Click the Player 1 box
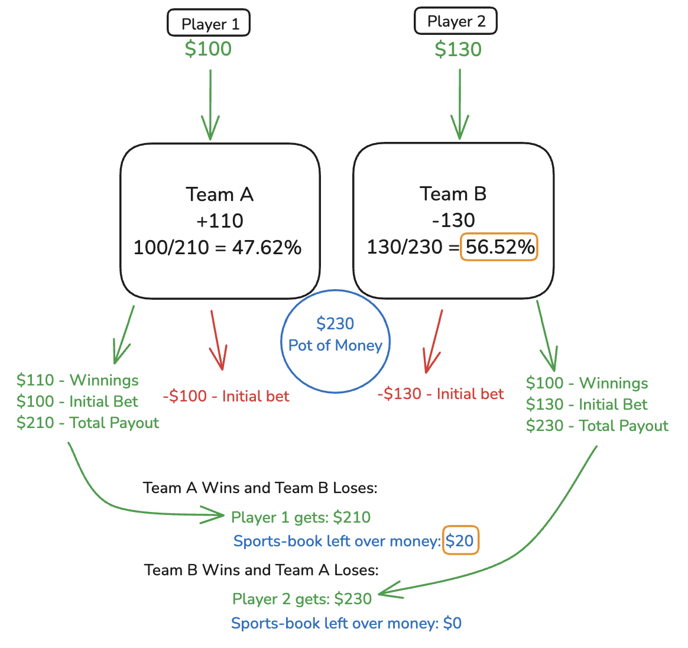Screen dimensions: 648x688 point(209,24)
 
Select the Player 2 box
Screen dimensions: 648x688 point(456,22)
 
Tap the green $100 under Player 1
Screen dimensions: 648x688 point(208,48)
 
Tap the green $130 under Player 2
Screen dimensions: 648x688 point(458,49)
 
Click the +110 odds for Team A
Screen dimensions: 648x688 point(220,221)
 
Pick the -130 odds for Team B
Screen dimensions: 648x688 point(453,220)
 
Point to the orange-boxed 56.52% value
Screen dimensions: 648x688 point(499,247)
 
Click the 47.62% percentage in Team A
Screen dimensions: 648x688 point(267,247)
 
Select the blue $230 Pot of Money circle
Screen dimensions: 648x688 point(335,341)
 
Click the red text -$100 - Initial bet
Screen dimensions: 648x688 point(226,396)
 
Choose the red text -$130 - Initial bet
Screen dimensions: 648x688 point(441,394)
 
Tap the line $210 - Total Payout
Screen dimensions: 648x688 point(88,423)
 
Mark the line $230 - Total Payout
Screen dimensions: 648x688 point(597,426)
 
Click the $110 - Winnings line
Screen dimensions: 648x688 point(77,380)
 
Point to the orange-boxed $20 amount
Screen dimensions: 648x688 point(460,540)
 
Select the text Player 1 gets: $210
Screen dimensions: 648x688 point(301,517)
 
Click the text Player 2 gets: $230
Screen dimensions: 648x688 point(302,599)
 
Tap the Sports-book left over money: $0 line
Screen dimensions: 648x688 point(346,623)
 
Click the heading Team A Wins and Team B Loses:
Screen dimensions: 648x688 point(260,488)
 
